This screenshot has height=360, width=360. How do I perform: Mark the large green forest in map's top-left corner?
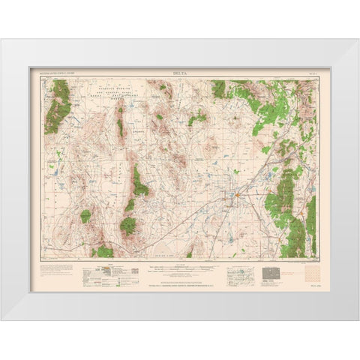58,106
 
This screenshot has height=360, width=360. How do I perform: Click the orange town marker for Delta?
235,196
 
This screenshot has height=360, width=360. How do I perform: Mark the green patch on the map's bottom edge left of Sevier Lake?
102,251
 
